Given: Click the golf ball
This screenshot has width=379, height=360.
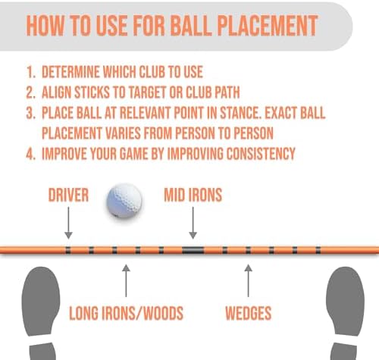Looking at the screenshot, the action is (x=124, y=201).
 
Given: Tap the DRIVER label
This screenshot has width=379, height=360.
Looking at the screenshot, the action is (x=68, y=195).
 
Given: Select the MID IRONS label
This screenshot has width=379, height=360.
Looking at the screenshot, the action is (x=193, y=195).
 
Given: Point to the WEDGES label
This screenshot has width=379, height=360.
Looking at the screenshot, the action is (x=249, y=313).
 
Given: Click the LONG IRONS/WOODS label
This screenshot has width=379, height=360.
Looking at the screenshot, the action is (x=126, y=313).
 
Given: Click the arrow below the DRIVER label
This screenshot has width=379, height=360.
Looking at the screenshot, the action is (x=68, y=223).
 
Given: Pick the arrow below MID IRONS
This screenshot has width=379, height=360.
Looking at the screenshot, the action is (x=193, y=223).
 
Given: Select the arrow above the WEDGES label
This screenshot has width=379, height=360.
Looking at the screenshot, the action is (x=249, y=280).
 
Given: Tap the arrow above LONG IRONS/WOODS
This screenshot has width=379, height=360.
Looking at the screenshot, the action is (x=126, y=280).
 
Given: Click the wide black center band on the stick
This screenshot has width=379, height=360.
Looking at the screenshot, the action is (x=193, y=250).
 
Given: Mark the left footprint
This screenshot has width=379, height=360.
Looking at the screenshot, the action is (x=40, y=313).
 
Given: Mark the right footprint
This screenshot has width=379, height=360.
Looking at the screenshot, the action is (x=346, y=313).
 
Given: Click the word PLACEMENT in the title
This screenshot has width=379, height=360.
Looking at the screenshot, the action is (x=268, y=26).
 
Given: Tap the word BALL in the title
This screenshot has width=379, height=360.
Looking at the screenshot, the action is (x=191, y=26).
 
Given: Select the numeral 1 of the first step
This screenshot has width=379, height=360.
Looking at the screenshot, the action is (x=30, y=72).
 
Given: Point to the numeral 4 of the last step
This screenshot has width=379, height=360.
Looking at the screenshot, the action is (x=30, y=154).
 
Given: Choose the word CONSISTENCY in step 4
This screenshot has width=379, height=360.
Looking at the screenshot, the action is (x=261, y=154).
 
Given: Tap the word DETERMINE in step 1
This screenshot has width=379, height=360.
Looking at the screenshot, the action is (x=70, y=72).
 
